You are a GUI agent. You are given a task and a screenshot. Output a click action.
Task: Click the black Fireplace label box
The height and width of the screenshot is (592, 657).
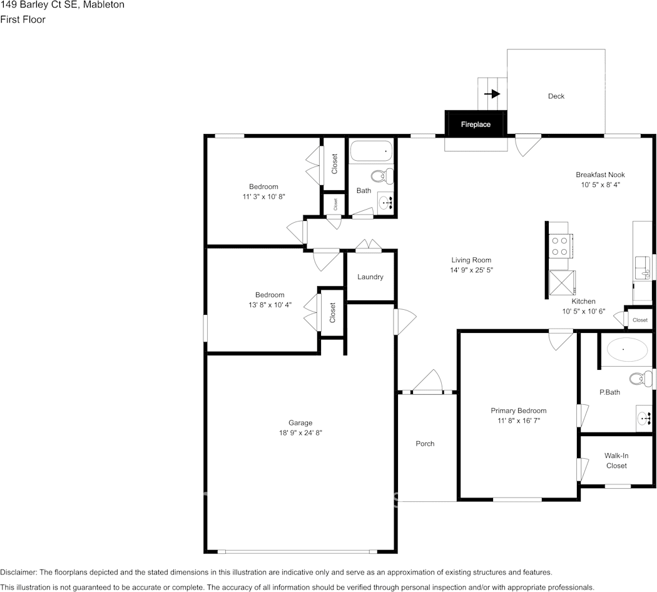click(x=476, y=124)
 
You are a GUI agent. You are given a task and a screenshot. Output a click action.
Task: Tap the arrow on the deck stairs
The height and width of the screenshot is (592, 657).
click(x=493, y=94)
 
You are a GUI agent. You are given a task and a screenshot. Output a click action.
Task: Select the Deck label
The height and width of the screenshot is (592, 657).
click(x=556, y=96)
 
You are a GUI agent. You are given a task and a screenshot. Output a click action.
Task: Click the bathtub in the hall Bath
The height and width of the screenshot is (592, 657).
click(x=371, y=151)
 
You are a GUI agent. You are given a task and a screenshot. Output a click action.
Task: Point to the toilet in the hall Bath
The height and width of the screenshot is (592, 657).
click(x=382, y=176)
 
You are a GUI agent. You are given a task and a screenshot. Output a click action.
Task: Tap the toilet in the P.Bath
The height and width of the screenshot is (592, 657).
click(x=638, y=379)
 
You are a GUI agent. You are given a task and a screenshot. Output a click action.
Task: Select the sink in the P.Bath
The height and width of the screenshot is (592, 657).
click(x=644, y=417)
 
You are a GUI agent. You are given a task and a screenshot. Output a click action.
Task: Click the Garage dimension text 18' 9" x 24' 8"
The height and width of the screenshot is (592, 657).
click(x=300, y=432)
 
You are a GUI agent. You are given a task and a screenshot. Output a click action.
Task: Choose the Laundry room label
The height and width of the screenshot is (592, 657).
click(x=370, y=277)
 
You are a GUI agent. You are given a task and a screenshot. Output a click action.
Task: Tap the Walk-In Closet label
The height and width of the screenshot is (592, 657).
click(x=616, y=461)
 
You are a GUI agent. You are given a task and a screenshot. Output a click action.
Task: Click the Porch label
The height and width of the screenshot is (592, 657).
click(x=425, y=444)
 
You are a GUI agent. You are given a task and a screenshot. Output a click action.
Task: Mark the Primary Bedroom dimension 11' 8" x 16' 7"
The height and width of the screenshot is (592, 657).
click(x=518, y=421)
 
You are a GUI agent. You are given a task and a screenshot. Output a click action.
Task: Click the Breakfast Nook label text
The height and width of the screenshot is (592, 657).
click(x=600, y=175)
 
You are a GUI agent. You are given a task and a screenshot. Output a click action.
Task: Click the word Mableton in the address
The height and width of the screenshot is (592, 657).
click(x=102, y=5)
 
